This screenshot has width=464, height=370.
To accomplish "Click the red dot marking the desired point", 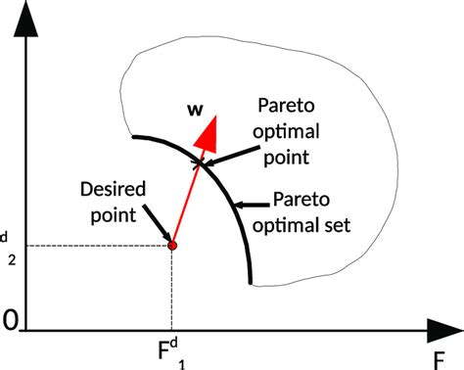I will [172, 245].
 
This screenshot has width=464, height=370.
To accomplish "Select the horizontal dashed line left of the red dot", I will [98, 245].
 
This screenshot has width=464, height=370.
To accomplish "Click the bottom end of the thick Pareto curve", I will [252, 282].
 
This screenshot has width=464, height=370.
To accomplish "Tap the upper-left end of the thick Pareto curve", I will [134, 137].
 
